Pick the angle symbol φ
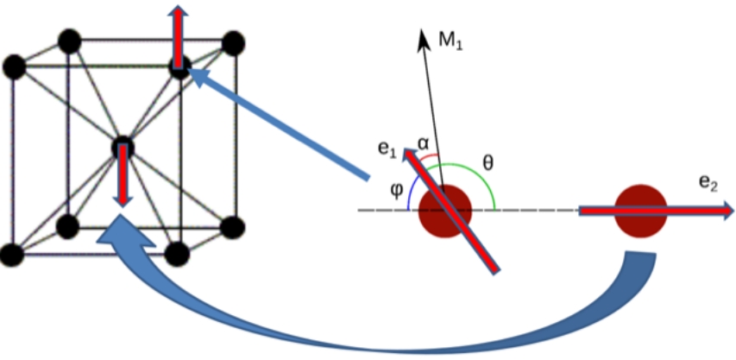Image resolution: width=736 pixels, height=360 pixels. pyautogui.click(x=396, y=188)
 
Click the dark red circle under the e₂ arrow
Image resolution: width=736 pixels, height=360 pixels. pyautogui.click(x=640, y=210)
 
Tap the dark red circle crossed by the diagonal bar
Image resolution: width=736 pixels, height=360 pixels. pyautogui.click(x=445, y=210)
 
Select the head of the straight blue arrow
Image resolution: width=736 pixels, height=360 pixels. pyautogui.click(x=195, y=75)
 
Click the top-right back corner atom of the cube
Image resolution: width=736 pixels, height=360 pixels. pyautogui.click(x=231, y=41)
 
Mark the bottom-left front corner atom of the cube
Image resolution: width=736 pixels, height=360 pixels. pyautogui.click(x=12, y=255)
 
